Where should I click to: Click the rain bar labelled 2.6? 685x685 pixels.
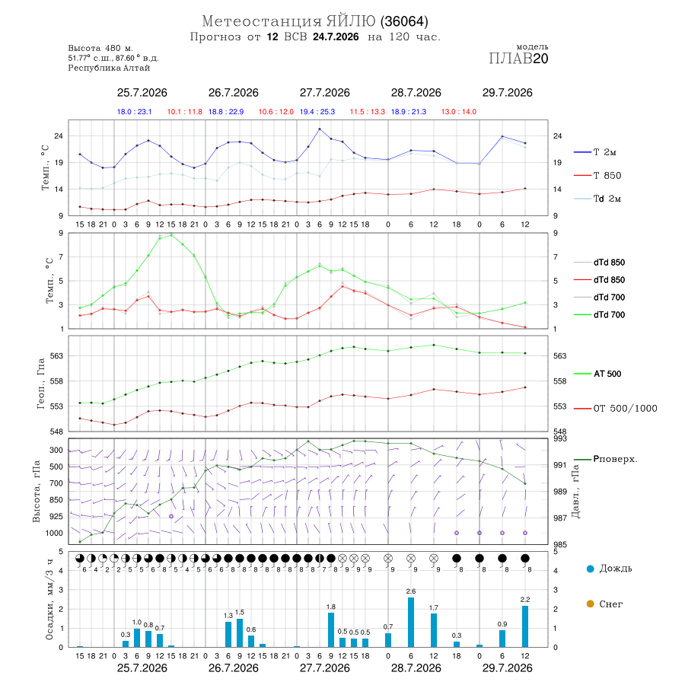[411, 622]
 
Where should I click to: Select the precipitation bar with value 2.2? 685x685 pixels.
[525, 626]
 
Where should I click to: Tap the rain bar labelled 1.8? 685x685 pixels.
[331, 630]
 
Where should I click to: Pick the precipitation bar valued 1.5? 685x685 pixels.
[240, 633]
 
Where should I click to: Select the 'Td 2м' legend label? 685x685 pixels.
[597, 199]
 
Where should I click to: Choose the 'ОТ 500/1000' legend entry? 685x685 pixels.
[616, 409]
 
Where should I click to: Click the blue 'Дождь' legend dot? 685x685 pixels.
[590, 569]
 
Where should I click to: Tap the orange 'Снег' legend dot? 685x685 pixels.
[590, 604]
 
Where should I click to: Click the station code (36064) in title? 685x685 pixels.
[404, 21]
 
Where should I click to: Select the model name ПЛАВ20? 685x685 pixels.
[518, 59]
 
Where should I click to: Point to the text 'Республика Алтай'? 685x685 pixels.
[109, 68]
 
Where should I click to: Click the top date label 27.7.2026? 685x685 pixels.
[324, 93]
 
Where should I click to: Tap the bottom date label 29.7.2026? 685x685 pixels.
[507, 668]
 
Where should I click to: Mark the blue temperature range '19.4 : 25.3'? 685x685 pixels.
[317, 112]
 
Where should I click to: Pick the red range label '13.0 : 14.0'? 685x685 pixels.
[458, 112]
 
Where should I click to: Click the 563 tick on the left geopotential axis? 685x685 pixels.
[57, 355]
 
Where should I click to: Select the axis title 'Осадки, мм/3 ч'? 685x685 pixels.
[49, 600]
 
